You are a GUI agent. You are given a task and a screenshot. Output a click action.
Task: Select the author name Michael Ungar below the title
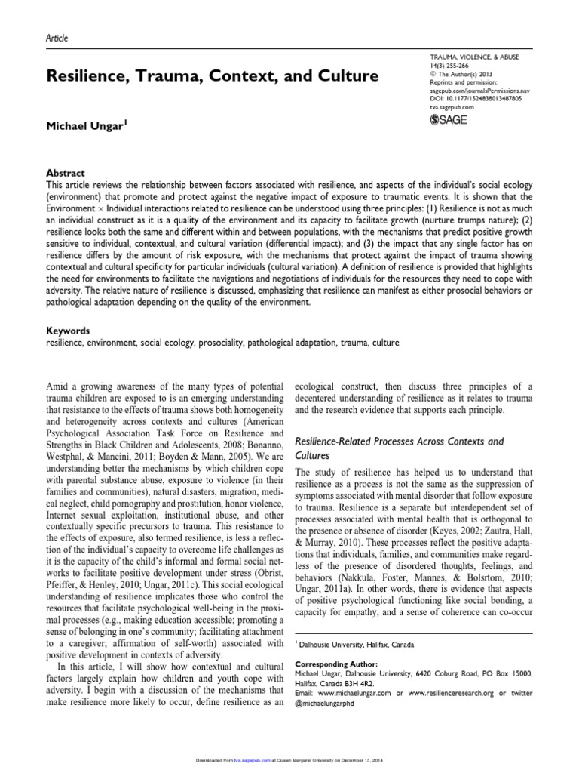[x=86, y=123]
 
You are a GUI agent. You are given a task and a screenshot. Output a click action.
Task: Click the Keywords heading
[x=68, y=331]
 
